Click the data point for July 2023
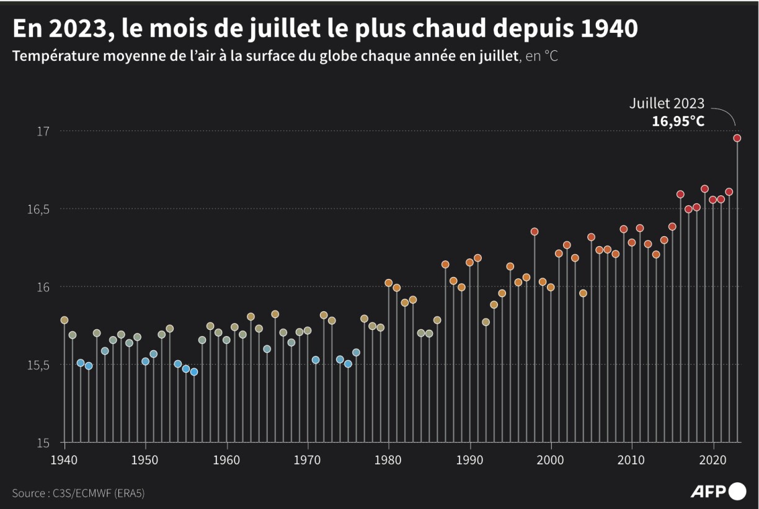pyautogui.click(x=737, y=138)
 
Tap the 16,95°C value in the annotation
pyautogui.click(x=678, y=121)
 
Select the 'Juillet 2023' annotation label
pyautogui.click(x=667, y=104)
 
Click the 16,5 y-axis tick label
pyautogui.click(x=38, y=209)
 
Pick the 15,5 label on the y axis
pyautogui.click(x=38, y=365)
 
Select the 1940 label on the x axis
pyautogui.click(x=64, y=461)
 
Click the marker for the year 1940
pyautogui.click(x=64, y=321)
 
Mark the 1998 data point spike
pyautogui.click(x=535, y=232)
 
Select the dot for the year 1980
pyautogui.click(x=389, y=283)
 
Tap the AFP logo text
pyautogui.click(x=708, y=492)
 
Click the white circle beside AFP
pyautogui.click(x=737, y=491)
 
